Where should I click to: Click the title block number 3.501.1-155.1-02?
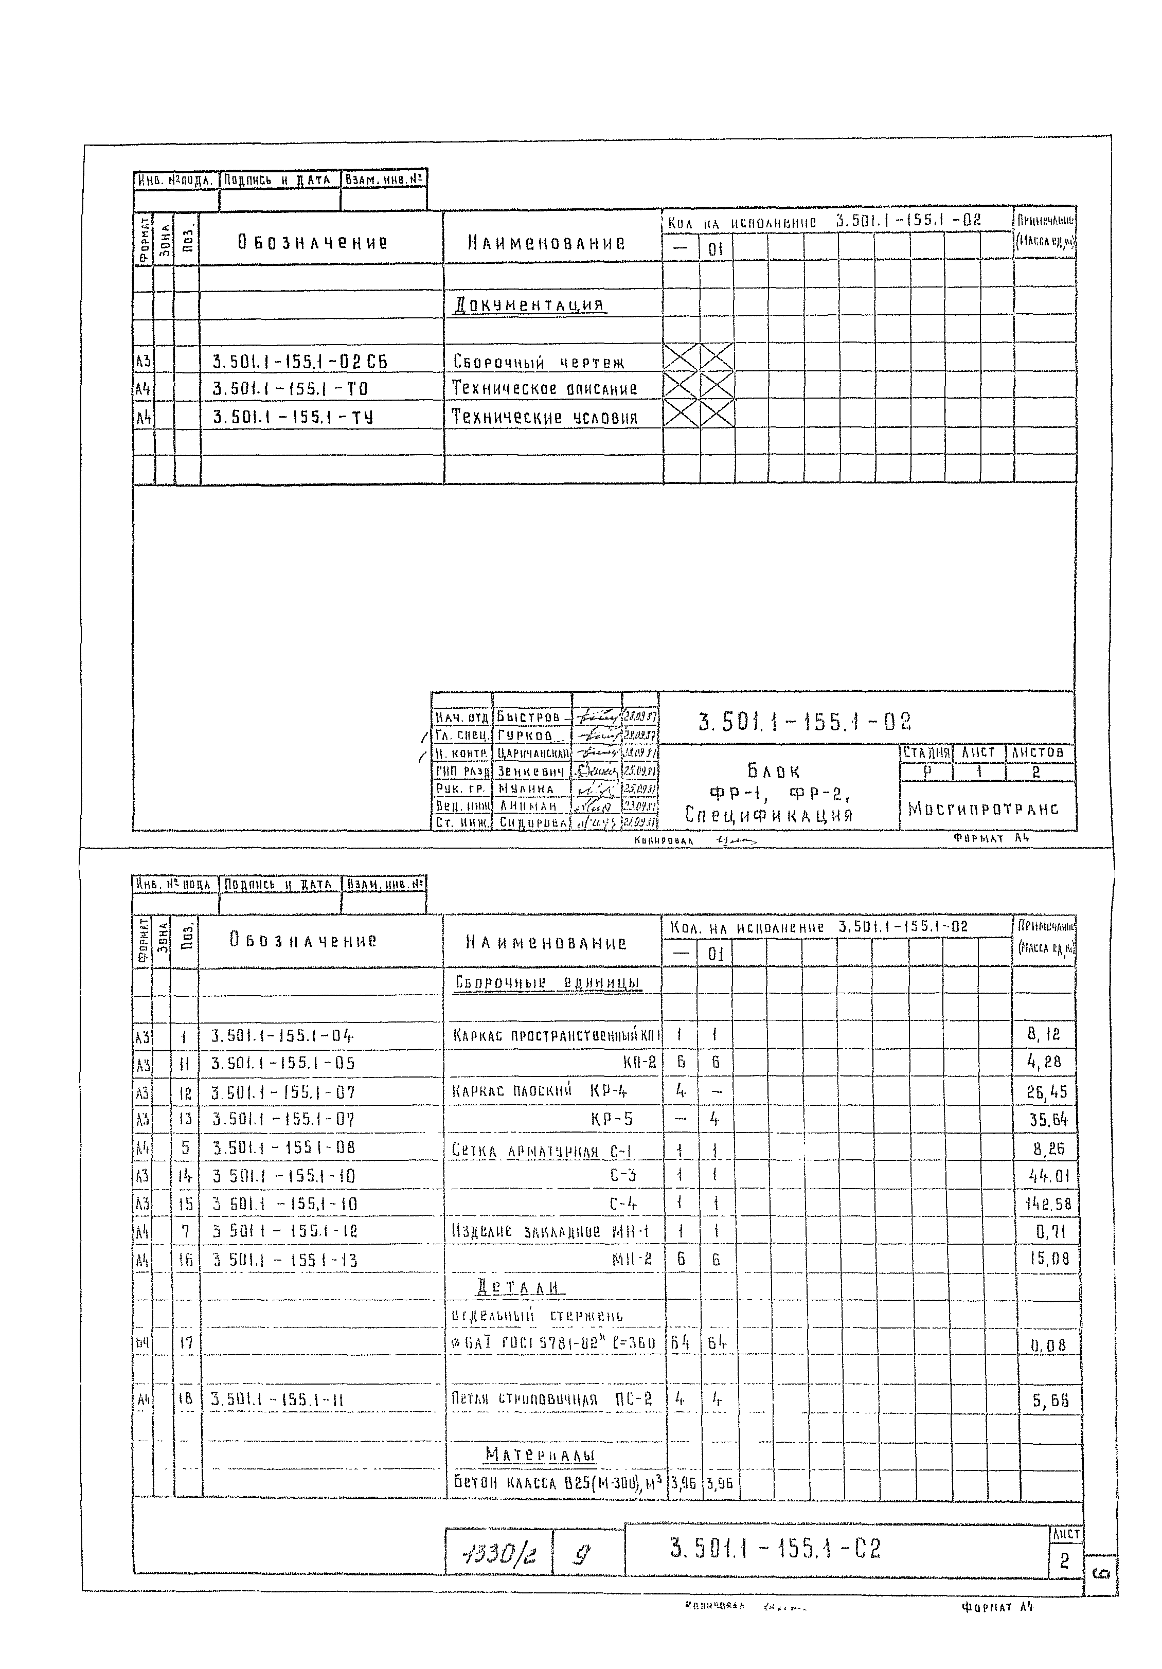tap(804, 721)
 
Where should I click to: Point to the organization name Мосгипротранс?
tap(982, 809)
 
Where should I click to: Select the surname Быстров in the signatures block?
tap(529, 717)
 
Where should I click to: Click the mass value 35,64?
tap(1048, 1120)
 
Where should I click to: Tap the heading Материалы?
tap(540, 1454)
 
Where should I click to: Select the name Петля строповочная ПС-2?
tap(551, 1399)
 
